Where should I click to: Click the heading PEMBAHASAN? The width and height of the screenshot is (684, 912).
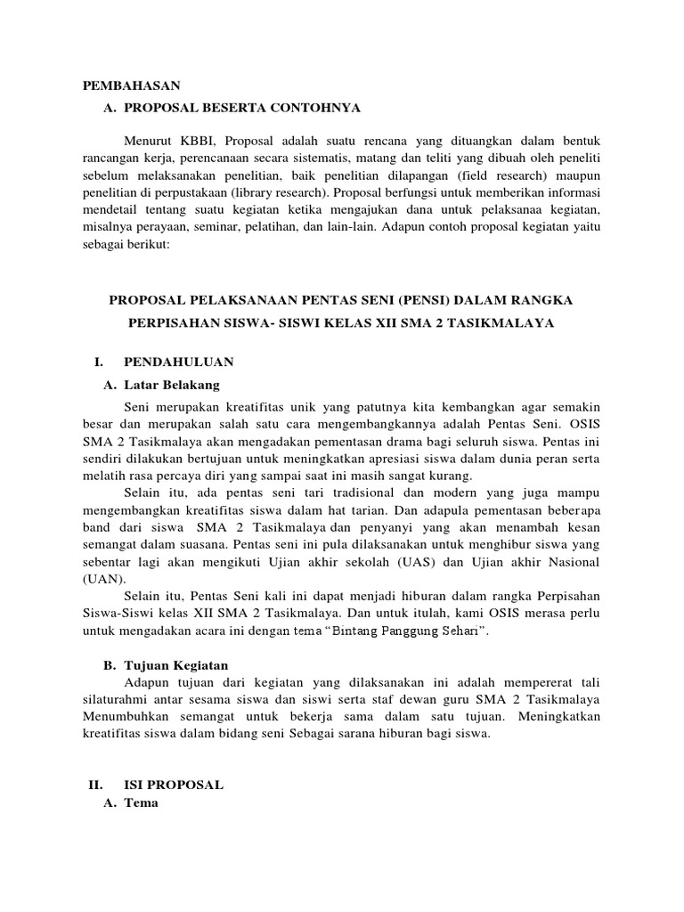coord(131,85)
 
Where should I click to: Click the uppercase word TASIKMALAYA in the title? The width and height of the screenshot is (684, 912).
coord(509,324)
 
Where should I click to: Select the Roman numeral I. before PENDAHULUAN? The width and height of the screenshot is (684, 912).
coord(99,362)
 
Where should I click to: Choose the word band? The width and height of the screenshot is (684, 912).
coord(100,528)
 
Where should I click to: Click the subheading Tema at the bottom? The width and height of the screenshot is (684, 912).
coord(141,802)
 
